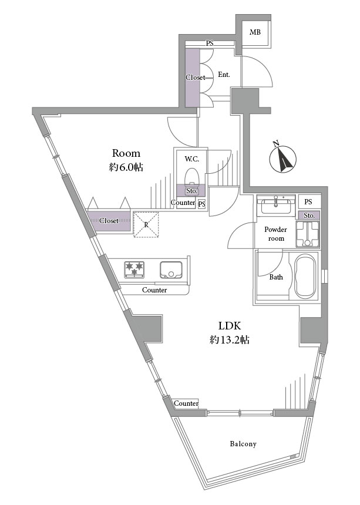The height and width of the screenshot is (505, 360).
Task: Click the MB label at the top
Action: pyautogui.click(x=255, y=32)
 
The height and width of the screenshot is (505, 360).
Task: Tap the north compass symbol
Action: pyautogui.click(x=282, y=158)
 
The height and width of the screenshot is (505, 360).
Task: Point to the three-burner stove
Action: pyautogui.click(x=134, y=269)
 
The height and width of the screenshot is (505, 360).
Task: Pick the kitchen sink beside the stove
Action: pyautogui.click(x=171, y=270)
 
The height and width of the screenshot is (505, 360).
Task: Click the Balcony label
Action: pyautogui.click(x=243, y=444)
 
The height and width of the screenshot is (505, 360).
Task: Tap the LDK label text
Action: pyautogui.click(x=230, y=326)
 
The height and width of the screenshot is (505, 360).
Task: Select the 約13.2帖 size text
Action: pyautogui.click(x=229, y=339)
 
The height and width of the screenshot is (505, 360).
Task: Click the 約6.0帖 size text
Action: pyautogui.click(x=126, y=167)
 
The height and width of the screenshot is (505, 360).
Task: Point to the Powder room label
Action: pyautogui.click(x=275, y=234)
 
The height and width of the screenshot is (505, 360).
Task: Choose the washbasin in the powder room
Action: pyautogui.click(x=276, y=205)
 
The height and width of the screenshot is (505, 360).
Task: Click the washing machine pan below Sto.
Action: pyautogui.click(x=308, y=234)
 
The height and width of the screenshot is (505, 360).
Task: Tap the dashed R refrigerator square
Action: pyautogui.click(x=146, y=224)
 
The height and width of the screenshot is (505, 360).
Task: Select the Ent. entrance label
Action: pyautogui.click(x=224, y=75)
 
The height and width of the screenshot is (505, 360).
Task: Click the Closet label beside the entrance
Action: pyautogui.click(x=195, y=78)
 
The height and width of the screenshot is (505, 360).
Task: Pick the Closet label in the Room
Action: pyautogui.click(x=109, y=221)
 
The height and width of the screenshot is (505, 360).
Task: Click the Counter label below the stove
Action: pyautogui.click(x=154, y=290)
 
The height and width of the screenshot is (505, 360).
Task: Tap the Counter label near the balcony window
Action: pyautogui.click(x=186, y=403)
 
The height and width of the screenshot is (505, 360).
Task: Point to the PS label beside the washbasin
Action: pyautogui.click(x=308, y=202)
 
